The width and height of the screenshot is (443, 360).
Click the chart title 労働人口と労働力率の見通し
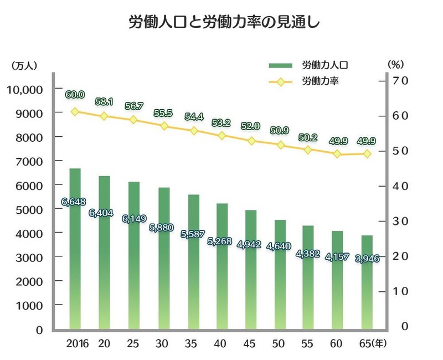221,23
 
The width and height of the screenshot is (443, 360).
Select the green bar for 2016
75,249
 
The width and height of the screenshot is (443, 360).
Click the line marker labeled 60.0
75,111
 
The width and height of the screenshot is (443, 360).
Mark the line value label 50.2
306,137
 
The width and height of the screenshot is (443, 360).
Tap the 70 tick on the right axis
400,81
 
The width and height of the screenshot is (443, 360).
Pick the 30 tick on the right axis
400,221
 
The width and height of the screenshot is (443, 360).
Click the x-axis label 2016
77,343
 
